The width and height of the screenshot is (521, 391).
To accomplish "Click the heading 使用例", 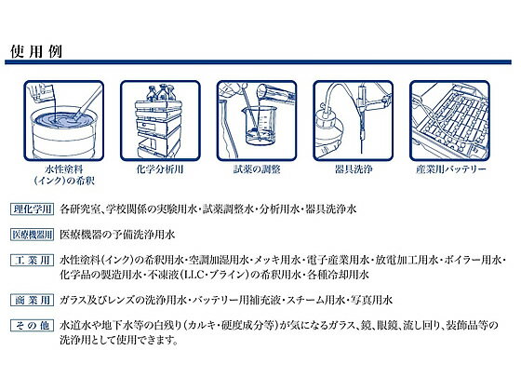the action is point(36,51).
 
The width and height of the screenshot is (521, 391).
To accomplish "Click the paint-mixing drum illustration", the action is point(64,121).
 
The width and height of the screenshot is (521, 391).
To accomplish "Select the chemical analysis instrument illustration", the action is point(160,121).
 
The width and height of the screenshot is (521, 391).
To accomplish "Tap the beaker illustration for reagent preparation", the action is point(257,121).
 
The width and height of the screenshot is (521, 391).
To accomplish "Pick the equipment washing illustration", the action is point(353,121).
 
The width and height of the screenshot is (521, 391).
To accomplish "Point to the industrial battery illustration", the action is point(449,121).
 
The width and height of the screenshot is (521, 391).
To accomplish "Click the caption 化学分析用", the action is point(160,169).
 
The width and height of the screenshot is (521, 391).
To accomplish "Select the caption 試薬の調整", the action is point(257,169).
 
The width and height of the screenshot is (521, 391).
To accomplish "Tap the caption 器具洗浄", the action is point(354,169).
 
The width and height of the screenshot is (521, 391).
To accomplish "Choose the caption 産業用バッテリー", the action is point(451,169).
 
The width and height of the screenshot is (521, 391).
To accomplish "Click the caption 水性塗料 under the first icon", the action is point(64,169).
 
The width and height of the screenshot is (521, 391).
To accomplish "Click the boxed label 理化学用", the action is point(32,209).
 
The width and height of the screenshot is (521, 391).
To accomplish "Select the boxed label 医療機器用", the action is point(32,235).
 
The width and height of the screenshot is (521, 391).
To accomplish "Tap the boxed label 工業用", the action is point(32,260).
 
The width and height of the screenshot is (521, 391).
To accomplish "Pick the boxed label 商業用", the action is point(32,300).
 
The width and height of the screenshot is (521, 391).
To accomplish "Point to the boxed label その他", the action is point(32,325).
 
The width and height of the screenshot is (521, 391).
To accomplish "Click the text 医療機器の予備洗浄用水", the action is point(117,235).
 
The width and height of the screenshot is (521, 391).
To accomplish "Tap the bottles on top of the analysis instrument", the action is point(161,93).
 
